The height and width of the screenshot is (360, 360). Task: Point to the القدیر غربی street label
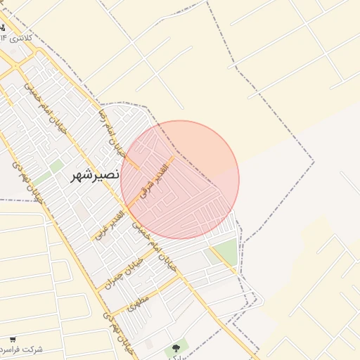(x=110, y=224)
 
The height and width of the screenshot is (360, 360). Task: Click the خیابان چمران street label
(x=130, y=271)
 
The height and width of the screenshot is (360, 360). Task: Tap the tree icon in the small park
(x=175, y=347)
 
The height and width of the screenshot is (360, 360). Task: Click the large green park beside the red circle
(x=225, y=252)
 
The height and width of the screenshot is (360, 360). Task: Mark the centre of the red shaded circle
(x=180, y=180)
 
